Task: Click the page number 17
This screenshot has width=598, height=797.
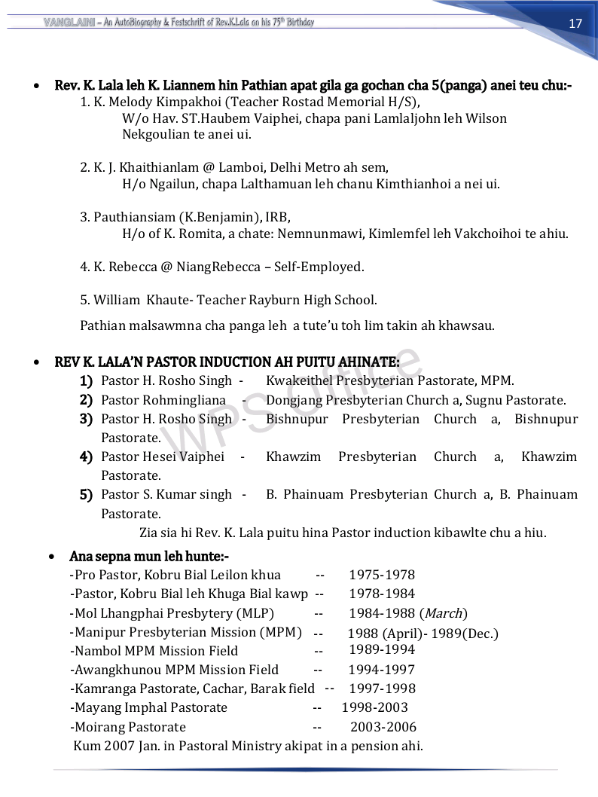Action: tap(575, 23)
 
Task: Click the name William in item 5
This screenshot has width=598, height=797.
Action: tap(117, 300)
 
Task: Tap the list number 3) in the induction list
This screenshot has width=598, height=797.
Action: tap(86, 419)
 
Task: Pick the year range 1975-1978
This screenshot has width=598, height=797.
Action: tap(382, 575)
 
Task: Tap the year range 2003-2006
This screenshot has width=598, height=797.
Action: tap(383, 727)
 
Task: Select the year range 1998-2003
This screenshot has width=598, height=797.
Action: tap(374, 707)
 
